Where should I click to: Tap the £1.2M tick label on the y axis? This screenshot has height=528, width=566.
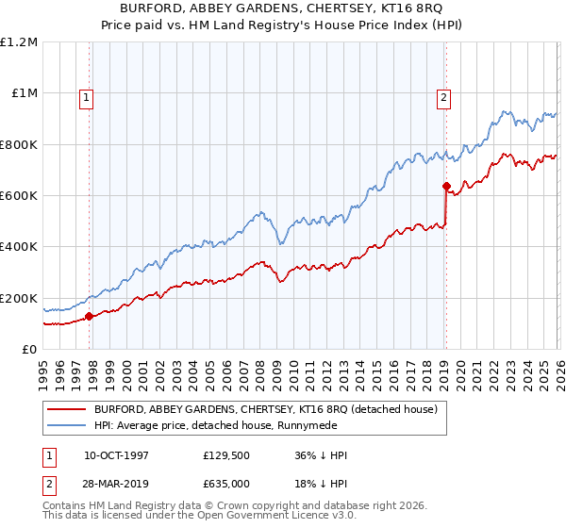click(x=19, y=42)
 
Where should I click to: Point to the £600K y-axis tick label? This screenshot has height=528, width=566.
click(x=19, y=196)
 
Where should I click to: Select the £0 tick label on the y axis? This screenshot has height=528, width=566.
click(x=28, y=349)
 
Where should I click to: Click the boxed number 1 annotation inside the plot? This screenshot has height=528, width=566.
click(x=86, y=95)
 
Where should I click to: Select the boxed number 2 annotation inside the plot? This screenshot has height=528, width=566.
click(x=443, y=95)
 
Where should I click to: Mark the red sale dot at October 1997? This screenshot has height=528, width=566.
click(x=90, y=316)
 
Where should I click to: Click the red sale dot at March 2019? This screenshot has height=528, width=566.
click(x=446, y=186)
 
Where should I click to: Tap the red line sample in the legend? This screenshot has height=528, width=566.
click(x=68, y=410)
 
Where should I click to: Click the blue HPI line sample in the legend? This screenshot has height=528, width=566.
click(x=68, y=426)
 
